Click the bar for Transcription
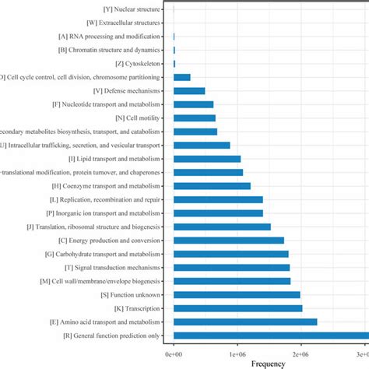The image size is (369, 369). (237, 307)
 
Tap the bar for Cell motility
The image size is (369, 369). (194, 118)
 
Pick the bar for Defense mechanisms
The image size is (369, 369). (189, 91)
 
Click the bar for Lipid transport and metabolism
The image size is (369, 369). (207, 159)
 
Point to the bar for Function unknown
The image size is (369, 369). (237, 294)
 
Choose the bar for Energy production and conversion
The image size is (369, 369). (229, 240)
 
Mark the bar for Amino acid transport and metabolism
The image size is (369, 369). (245, 322)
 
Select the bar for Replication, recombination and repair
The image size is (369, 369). (218, 199)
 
